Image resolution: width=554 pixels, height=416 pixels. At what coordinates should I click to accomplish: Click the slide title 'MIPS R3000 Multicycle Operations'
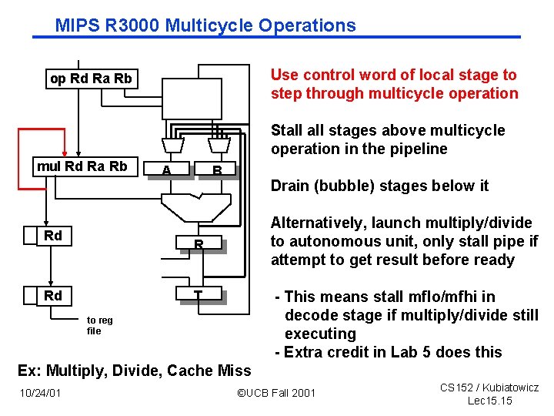(x=205, y=25)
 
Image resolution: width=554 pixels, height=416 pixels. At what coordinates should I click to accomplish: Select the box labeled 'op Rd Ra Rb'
(x=91, y=79)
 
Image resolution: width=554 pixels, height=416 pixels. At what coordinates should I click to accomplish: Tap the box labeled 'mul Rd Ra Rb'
(x=82, y=166)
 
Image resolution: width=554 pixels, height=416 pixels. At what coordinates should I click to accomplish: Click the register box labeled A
(x=167, y=169)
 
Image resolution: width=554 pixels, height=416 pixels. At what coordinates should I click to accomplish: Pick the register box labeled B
(x=218, y=169)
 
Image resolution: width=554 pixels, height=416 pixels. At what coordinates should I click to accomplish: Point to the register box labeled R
(x=198, y=245)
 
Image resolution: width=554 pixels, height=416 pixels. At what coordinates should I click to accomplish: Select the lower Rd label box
(x=52, y=296)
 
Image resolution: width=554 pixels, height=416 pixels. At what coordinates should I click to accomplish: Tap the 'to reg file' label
(x=99, y=325)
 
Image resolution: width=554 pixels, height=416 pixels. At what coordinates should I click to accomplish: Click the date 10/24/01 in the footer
(x=40, y=393)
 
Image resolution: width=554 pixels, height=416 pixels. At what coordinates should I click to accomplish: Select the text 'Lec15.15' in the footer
(x=489, y=401)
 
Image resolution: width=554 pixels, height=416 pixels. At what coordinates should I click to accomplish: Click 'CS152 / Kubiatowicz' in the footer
(x=489, y=387)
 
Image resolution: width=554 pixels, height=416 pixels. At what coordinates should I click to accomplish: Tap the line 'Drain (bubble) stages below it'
(x=380, y=186)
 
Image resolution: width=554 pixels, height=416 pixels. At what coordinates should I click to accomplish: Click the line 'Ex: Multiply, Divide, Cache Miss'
(x=135, y=371)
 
